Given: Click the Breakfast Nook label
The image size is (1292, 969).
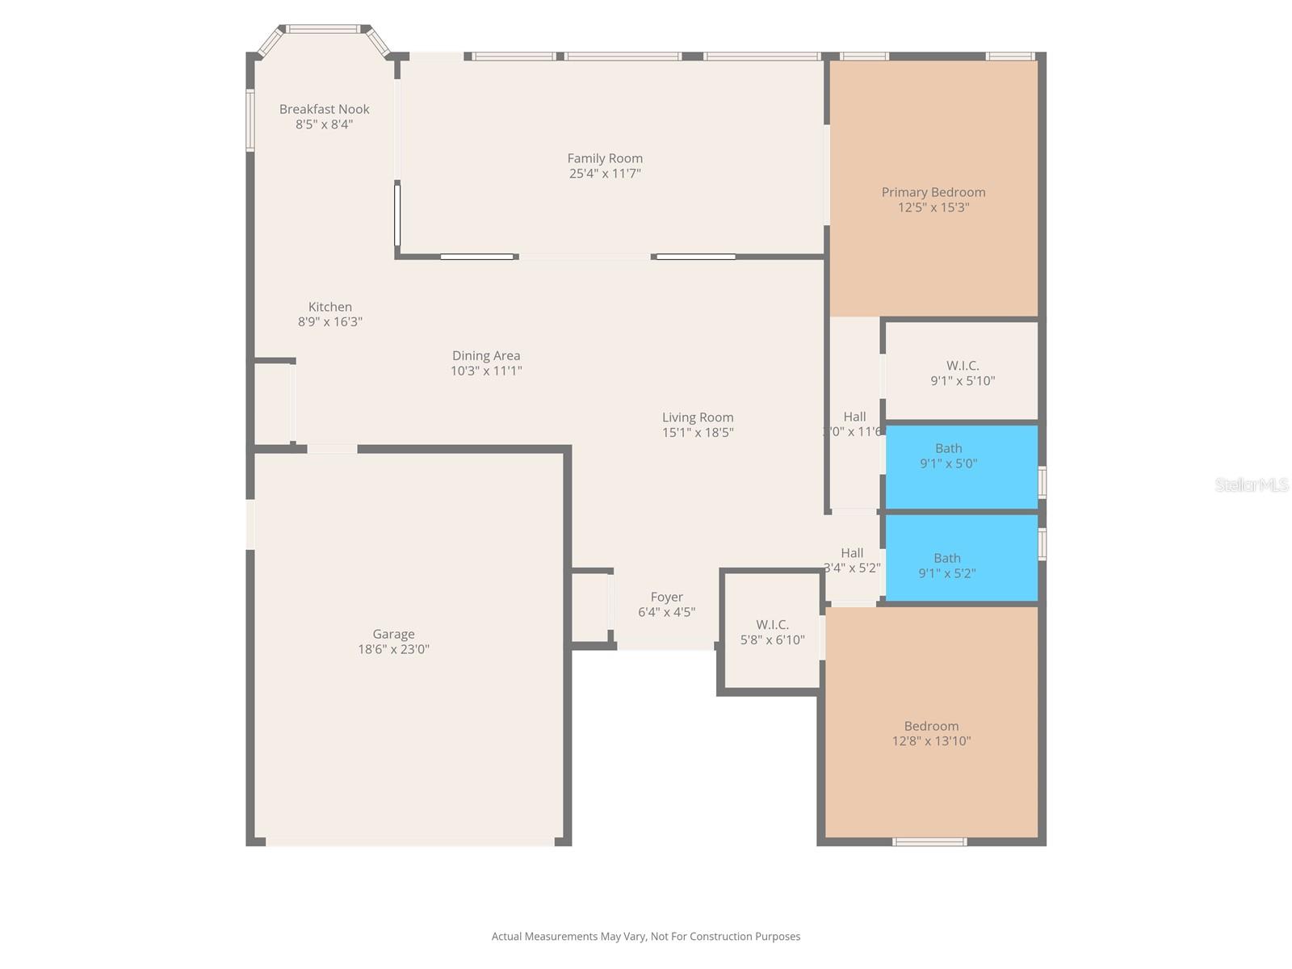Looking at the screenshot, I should coord(324,109).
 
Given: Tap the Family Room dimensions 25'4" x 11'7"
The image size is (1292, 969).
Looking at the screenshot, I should coord(605,174).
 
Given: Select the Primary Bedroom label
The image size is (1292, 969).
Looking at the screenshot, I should coord(933,192).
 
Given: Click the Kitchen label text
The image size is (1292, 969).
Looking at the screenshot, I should coord(329,307).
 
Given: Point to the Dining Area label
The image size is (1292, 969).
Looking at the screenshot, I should coord(485,355).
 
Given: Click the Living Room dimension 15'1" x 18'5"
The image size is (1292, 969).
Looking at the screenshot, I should coord(698,433).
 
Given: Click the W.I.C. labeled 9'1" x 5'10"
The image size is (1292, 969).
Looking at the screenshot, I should coord(962,373).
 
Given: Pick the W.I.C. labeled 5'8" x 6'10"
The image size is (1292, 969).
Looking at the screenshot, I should coord(772,632).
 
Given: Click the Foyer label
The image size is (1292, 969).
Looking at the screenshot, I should coord(666,598).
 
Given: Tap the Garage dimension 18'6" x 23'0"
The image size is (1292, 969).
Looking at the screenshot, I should coord(393,649).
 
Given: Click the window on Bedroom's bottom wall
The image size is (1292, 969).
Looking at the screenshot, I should coord(929,842).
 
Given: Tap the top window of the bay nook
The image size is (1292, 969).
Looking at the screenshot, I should coord(323,30).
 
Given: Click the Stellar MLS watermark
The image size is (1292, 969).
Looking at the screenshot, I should coord(1252,484).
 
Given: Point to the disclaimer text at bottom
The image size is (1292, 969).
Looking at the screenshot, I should coord(646,937).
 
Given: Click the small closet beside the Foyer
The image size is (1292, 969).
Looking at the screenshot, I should coord(589,607).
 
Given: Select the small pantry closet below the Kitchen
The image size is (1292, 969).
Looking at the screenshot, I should coord(272,403).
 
